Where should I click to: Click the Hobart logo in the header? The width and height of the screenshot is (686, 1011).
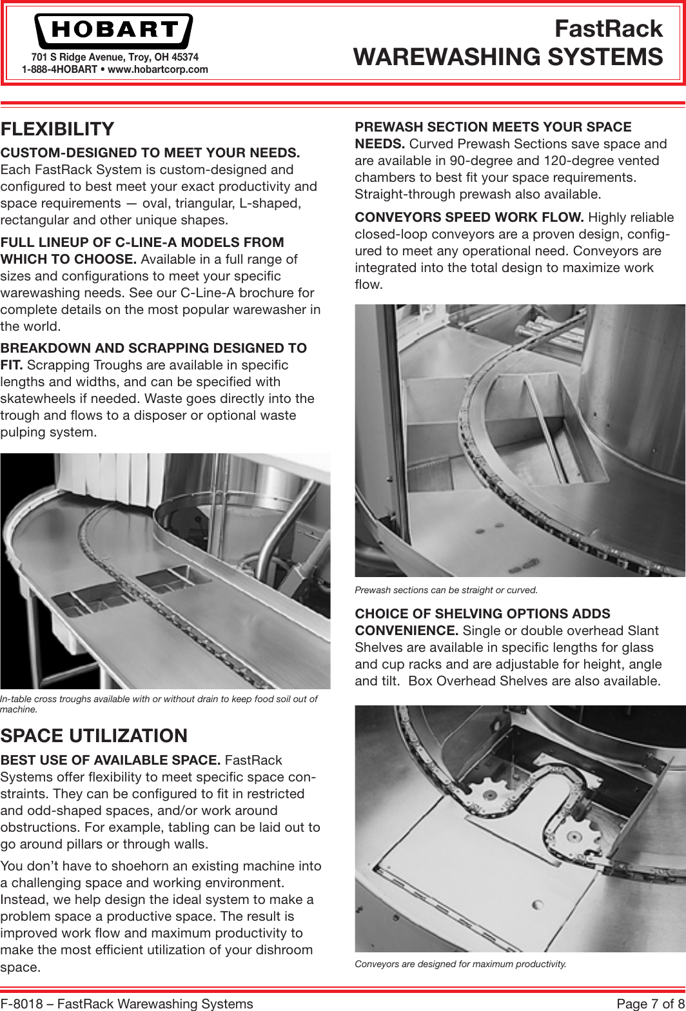[x=113, y=30]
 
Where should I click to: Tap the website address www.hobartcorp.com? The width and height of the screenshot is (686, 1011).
[x=158, y=69]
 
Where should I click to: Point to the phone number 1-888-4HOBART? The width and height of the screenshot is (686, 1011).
[x=59, y=69]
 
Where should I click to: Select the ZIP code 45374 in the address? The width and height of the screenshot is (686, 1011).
[x=184, y=57]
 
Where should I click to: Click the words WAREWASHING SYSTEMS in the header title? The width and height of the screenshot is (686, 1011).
[x=508, y=57]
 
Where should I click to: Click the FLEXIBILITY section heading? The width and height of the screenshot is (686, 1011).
[x=57, y=129]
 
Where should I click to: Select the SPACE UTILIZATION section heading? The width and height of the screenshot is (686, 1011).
[x=94, y=736]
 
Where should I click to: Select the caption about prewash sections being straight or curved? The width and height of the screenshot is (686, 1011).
[x=446, y=590]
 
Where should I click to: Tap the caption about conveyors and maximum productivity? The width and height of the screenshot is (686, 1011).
[x=460, y=964]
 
